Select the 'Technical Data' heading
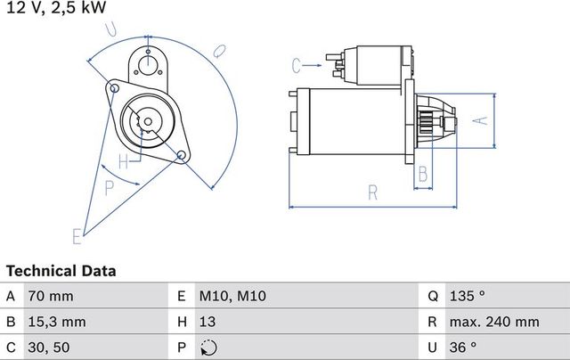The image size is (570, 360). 61,270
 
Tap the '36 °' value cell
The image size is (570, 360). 464,347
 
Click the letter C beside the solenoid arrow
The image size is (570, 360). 297,64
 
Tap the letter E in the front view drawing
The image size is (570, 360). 77,236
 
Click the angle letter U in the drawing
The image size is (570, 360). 110,29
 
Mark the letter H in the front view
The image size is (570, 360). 124,162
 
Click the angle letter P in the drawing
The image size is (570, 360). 109,187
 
